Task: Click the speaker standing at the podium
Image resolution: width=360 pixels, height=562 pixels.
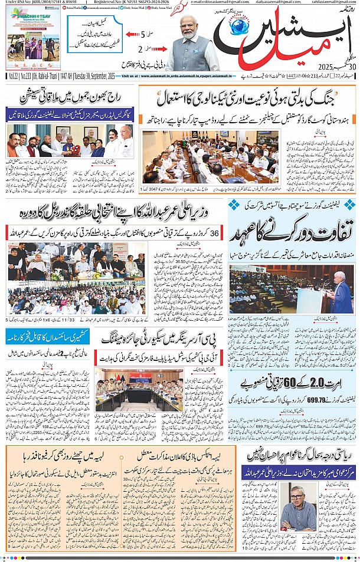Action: point(339,289)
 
